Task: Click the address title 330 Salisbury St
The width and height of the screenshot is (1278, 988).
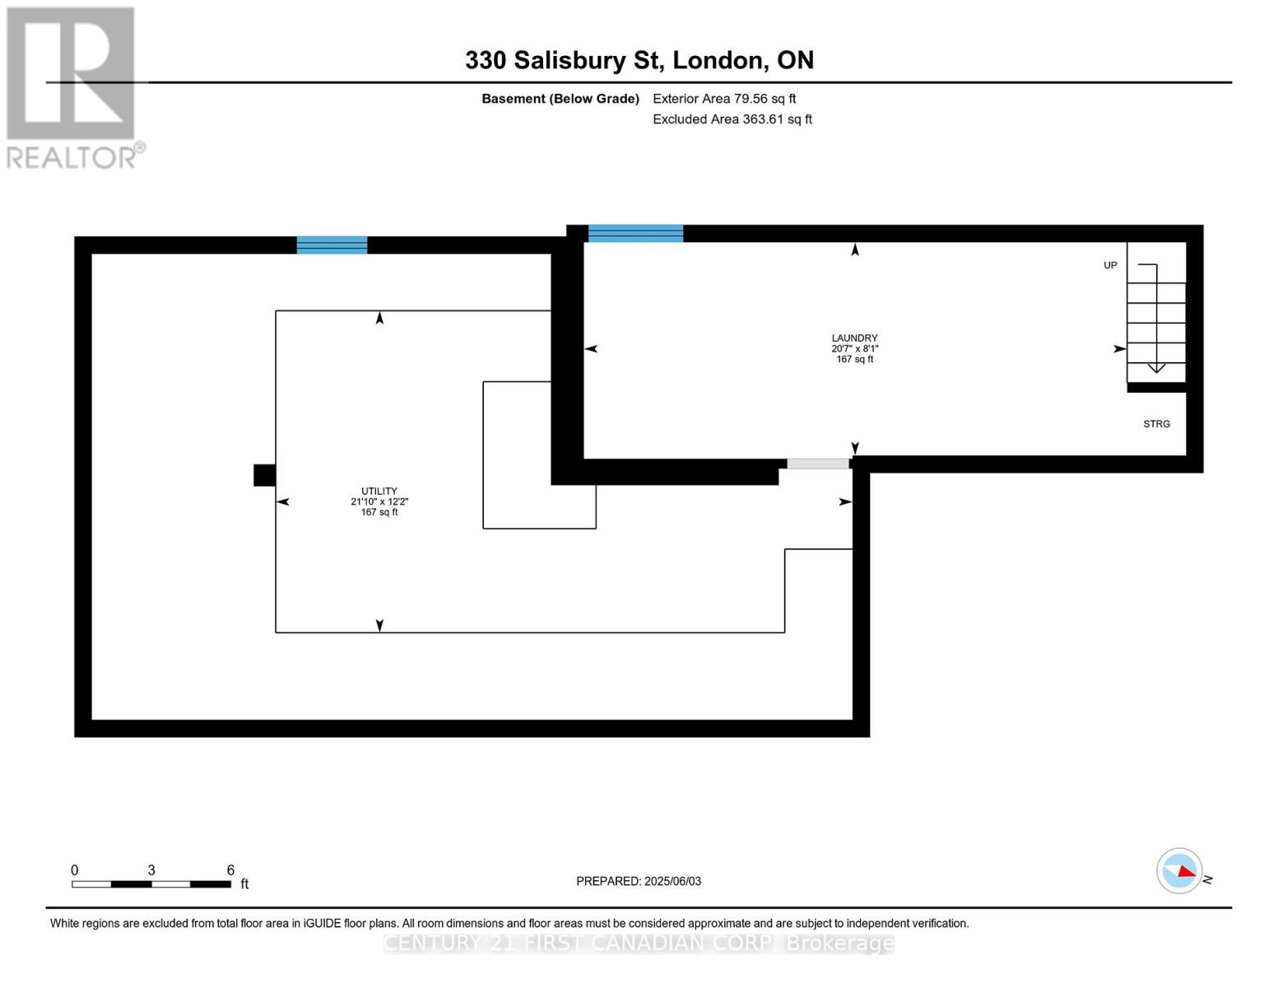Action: tap(639, 60)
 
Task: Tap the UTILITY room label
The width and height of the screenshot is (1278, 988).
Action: tap(379, 491)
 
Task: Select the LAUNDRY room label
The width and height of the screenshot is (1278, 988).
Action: tap(854, 338)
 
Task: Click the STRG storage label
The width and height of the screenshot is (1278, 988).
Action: tap(1156, 424)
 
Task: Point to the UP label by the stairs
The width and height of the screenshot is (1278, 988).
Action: tap(1110, 265)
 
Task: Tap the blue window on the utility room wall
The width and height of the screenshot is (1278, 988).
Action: tap(332, 245)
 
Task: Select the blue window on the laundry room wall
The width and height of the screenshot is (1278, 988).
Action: tap(635, 233)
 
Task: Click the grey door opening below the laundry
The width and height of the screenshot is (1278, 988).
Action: tap(818, 464)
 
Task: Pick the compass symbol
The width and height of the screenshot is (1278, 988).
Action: tap(1180, 870)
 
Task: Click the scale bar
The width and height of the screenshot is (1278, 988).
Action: tap(151, 884)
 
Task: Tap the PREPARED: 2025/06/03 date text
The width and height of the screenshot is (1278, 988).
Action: tap(639, 881)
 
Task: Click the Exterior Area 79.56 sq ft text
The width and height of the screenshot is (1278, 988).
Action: tap(724, 99)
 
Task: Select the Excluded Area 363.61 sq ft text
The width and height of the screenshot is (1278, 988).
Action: tap(732, 119)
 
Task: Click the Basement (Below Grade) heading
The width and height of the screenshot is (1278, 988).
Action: tap(560, 99)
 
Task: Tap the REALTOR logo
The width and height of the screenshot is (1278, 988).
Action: tap(72, 86)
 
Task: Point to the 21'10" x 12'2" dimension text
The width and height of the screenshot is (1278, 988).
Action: tap(379, 501)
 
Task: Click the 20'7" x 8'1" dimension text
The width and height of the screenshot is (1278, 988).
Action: tap(854, 348)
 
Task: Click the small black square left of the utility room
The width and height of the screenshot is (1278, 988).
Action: tap(264, 475)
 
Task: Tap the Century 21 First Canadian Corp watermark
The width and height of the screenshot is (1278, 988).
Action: tap(639, 943)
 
